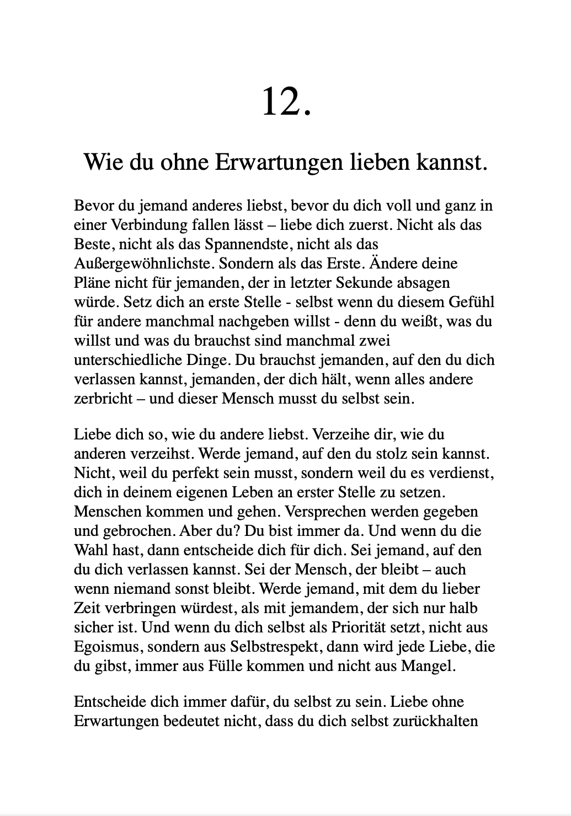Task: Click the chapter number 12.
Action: (x=286, y=102)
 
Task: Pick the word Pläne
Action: (x=92, y=283)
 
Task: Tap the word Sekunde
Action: (x=385, y=283)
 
